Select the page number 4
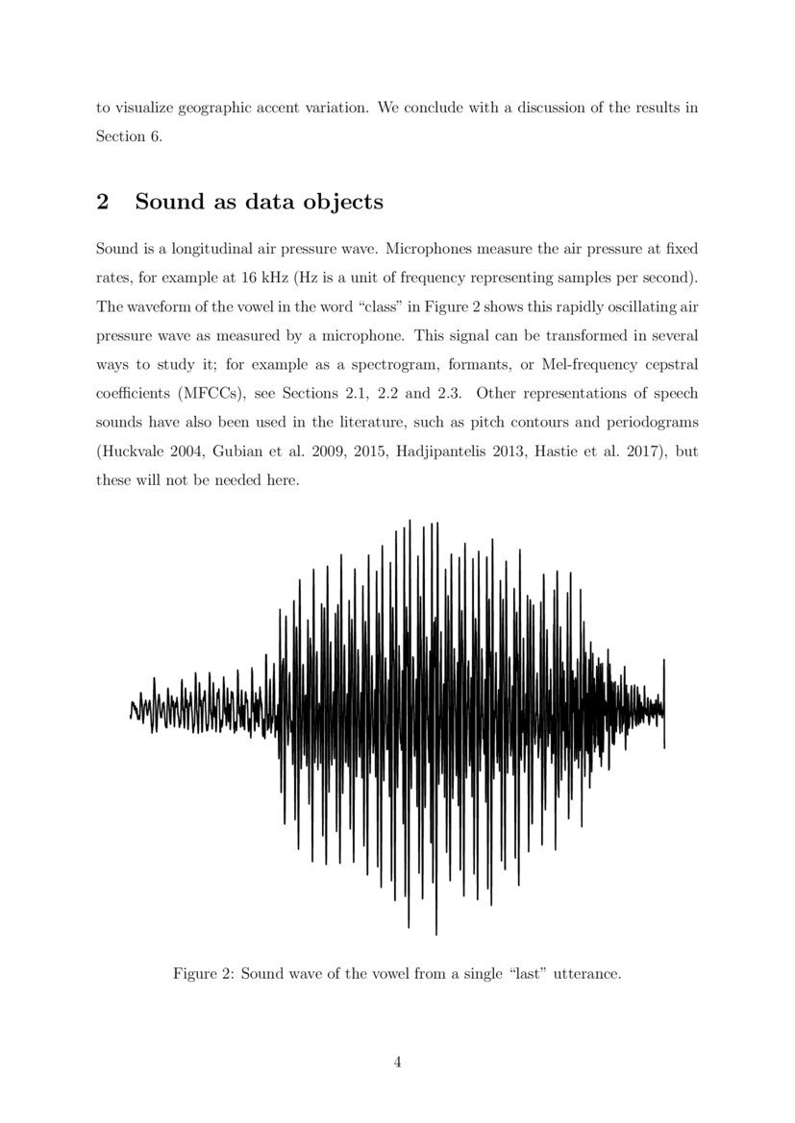[x=397, y=1062]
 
